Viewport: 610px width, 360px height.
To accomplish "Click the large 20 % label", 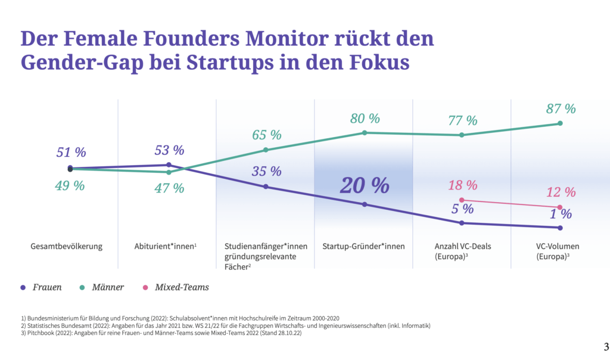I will [x=364, y=185].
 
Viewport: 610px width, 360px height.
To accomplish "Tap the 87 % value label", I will [x=561, y=109].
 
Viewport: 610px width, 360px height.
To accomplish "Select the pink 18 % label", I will [x=463, y=185].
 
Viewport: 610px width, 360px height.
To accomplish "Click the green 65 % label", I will [x=266, y=135].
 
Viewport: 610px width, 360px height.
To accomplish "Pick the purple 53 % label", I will [x=169, y=150].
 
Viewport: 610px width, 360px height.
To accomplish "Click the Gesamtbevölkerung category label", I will [x=67, y=247].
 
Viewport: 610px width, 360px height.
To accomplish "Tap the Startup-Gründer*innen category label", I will [x=363, y=247].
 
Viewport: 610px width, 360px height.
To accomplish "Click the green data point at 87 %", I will [x=560, y=123].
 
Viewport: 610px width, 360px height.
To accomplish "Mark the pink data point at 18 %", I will [x=462, y=200].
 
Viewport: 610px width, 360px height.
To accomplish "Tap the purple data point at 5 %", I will [x=462, y=223].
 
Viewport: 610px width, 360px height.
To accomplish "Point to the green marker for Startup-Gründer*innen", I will [x=364, y=132].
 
